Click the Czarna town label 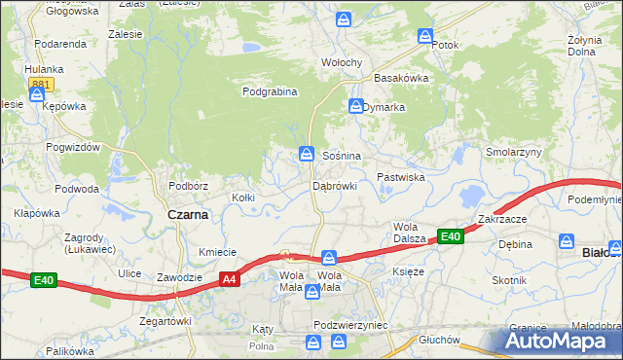coord(187,215)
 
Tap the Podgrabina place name coord(270,91)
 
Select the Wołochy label coord(342,62)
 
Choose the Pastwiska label coord(401,177)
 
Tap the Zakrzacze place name coord(502,219)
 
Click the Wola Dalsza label coord(413,233)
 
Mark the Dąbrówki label coord(335,185)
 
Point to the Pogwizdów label coord(72,146)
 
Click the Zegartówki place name coord(165,320)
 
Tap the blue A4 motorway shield coord(228,280)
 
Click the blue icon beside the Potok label coord(425,36)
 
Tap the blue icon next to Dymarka coord(355,105)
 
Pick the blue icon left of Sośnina coord(306,154)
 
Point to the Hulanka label coord(45,69)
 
